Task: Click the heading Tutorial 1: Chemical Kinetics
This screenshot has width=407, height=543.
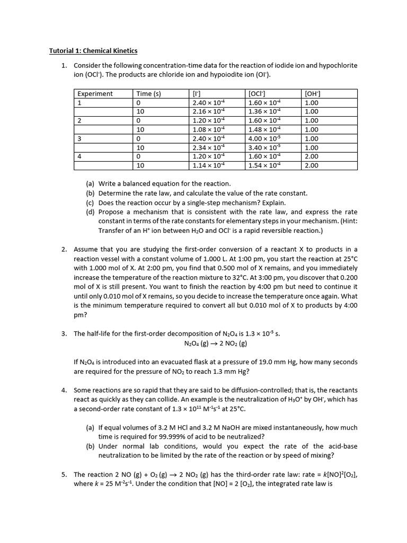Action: tap(93, 51)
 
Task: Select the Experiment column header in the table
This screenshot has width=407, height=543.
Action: tap(95, 94)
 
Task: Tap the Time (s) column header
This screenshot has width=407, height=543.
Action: tap(148, 94)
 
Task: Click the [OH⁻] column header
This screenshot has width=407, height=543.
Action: tap(313, 94)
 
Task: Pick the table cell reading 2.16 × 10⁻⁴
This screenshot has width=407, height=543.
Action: tap(209, 112)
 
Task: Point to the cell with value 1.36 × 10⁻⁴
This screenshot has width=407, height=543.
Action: tap(265, 112)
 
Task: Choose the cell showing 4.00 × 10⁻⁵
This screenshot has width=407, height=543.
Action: tap(265, 138)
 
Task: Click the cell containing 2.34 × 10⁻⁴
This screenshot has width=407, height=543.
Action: tap(209, 147)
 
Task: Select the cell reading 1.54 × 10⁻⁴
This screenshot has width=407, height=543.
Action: tap(265, 165)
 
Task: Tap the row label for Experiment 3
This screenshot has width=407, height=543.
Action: tap(79, 138)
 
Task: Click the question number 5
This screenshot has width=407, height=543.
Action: tap(64, 474)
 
